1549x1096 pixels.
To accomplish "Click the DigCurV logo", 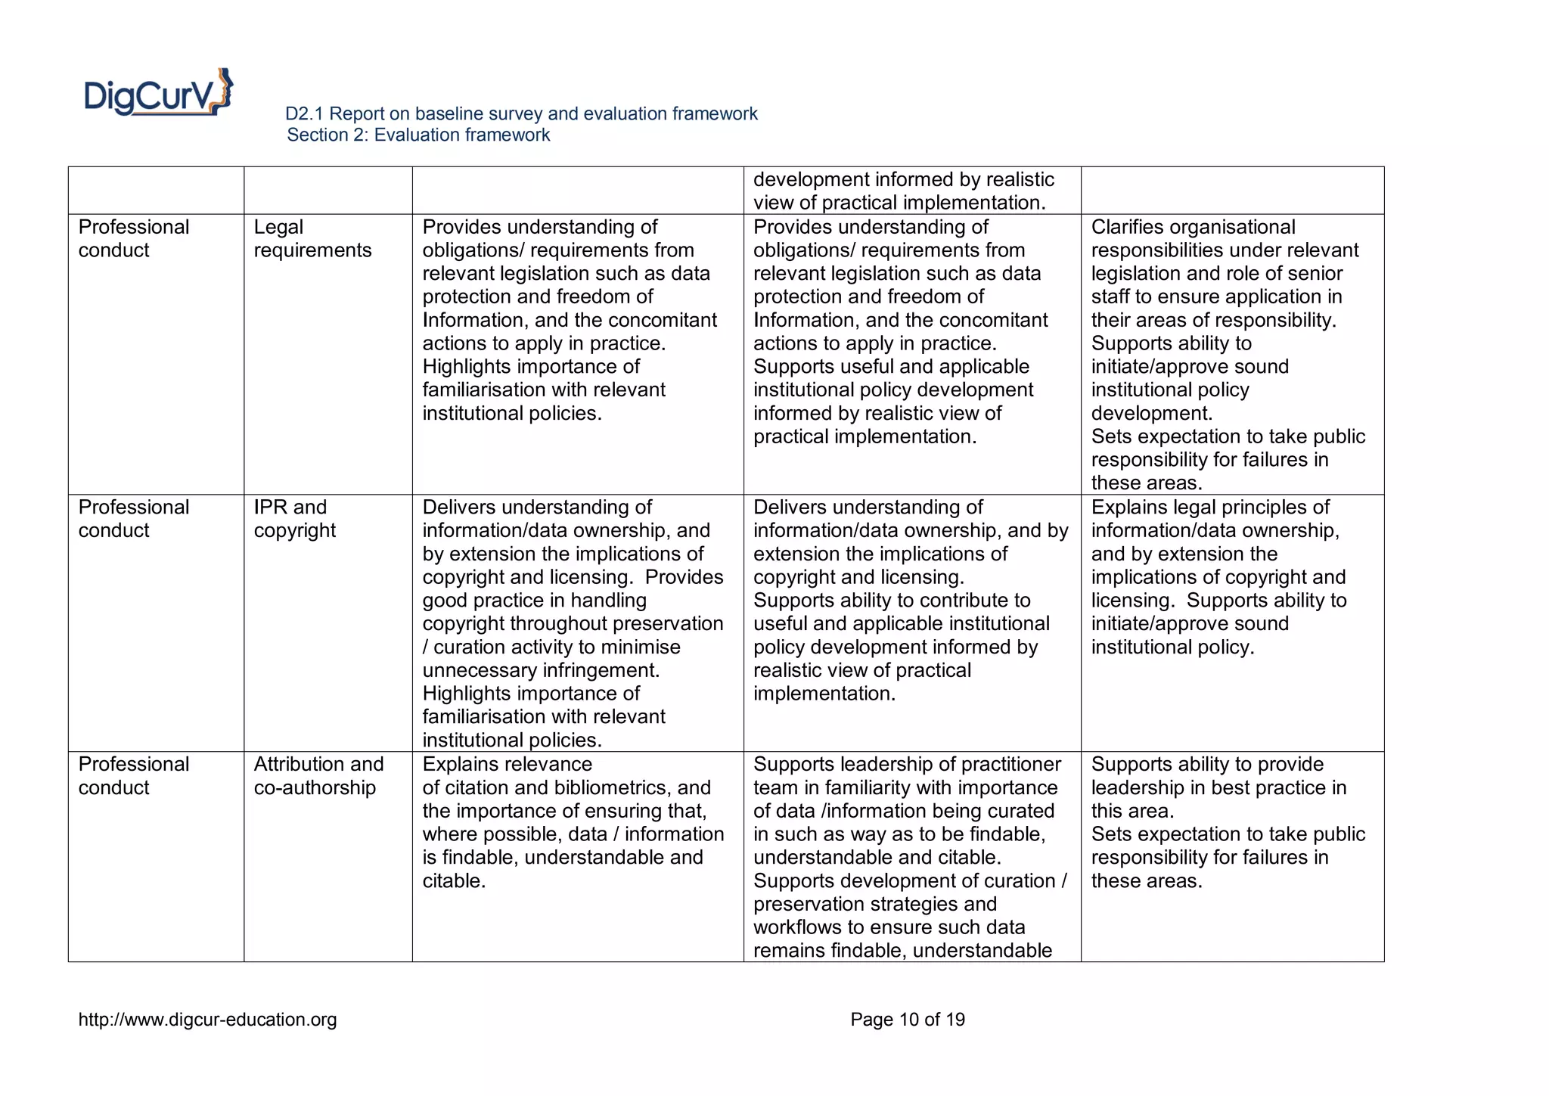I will tap(158, 93).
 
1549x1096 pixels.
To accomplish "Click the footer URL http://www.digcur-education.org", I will tap(207, 1020).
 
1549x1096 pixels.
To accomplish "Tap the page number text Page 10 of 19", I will tap(907, 1020).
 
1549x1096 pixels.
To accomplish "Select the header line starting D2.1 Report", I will tap(520, 113).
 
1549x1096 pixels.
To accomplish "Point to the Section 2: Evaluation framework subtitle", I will tap(418, 135).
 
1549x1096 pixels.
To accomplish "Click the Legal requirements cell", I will tap(312, 238).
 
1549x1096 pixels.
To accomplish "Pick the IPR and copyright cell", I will tap(294, 518).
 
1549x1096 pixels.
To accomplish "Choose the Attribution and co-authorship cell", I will tap(318, 775).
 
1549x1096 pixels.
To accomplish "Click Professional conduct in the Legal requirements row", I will tap(133, 238).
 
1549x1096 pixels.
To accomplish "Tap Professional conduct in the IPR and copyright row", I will tap(133, 518).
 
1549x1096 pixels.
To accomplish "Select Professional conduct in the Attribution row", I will tap(133, 775).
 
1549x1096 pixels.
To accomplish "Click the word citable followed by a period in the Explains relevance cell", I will tap(452, 880).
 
